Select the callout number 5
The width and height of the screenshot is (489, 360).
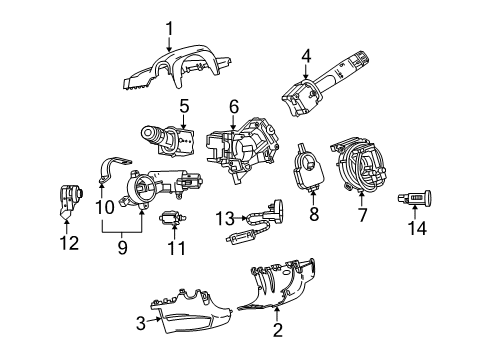coord(183,105)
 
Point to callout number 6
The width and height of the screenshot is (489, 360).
coord(233,105)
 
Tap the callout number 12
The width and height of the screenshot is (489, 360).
coord(68,242)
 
